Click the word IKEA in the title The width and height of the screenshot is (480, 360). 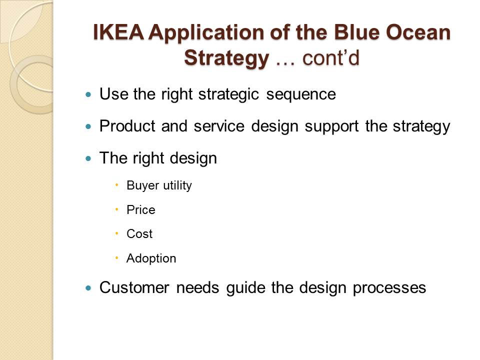(x=118, y=32)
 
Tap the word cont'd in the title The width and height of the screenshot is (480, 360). (x=330, y=57)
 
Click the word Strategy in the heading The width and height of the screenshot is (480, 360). (x=226, y=58)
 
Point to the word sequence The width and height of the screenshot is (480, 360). (x=301, y=94)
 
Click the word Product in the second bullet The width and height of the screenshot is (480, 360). (x=127, y=126)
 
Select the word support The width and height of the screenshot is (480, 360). (x=331, y=126)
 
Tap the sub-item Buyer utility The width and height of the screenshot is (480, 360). (x=159, y=185)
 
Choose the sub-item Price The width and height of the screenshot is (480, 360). (x=141, y=209)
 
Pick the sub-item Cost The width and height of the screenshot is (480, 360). (x=139, y=234)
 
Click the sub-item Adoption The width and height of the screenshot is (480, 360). (x=151, y=258)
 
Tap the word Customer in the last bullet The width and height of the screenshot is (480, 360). (x=134, y=287)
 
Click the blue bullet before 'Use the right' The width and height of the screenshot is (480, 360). (x=89, y=94)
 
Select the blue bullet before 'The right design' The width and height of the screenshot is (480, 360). (x=89, y=158)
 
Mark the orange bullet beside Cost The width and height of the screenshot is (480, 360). (x=116, y=233)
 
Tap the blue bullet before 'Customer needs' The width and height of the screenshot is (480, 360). (x=89, y=288)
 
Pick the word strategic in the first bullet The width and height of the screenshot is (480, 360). (x=228, y=94)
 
